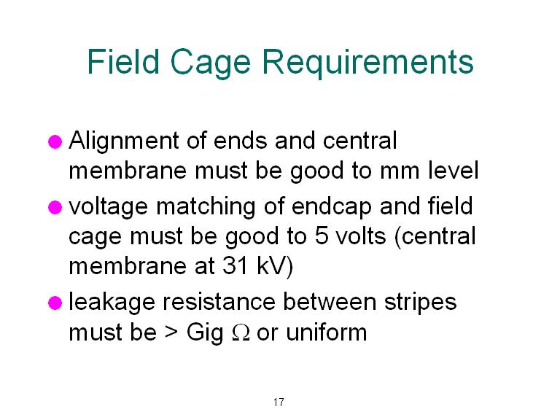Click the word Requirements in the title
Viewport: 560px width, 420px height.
point(367,63)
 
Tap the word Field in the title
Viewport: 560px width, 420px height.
point(123,61)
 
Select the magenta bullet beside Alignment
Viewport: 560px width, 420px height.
point(55,141)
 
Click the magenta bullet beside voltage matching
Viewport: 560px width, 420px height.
point(55,208)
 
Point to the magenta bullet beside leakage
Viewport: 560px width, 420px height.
point(55,303)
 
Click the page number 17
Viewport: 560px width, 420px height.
point(279,402)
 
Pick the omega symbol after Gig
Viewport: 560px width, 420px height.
point(241,332)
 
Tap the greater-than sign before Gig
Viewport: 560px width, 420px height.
point(171,332)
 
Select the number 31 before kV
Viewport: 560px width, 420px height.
point(236,266)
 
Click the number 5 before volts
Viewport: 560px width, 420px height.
point(322,236)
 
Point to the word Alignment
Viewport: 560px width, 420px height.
point(124,141)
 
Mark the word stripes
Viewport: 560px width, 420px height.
point(420,303)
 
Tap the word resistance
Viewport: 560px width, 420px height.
point(219,302)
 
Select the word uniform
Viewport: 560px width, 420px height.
point(327,332)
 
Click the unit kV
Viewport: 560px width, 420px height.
point(275,266)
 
